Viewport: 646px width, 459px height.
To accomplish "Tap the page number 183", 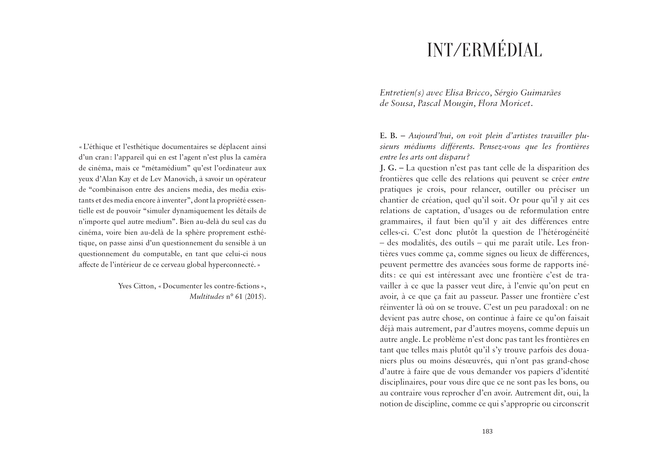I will [487, 431].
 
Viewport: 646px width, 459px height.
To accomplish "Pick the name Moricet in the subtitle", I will [515, 104].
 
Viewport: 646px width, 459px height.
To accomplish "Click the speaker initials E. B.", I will [388, 136].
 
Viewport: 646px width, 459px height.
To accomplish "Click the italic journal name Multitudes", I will [206, 297].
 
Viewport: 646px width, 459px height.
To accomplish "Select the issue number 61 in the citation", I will [239, 297].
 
